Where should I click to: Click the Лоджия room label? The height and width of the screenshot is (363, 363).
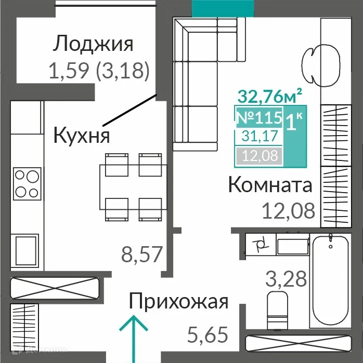tap(93, 44)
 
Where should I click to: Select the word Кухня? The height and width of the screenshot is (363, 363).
tap(82, 136)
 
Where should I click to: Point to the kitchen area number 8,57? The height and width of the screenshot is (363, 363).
tap(142, 254)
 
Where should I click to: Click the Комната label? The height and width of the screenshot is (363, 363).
tap(270, 185)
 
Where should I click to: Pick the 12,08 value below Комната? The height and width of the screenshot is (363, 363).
tap(289, 211)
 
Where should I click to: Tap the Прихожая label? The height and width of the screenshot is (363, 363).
tap(178, 301)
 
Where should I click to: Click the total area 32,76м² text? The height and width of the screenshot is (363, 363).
tap(270, 97)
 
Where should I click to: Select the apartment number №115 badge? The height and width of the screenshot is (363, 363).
tap(260, 117)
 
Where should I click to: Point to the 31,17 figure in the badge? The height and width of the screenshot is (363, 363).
tap(259, 137)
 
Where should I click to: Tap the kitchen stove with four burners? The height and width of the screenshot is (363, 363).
tap(26, 183)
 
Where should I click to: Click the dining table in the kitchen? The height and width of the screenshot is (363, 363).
tap(134, 185)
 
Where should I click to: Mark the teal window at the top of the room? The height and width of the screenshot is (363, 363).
tap(224, 7)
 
